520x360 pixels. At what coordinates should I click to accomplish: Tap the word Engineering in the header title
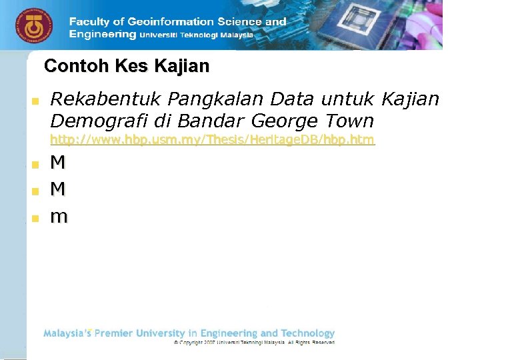102,34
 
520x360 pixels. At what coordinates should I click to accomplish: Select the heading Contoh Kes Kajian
126,67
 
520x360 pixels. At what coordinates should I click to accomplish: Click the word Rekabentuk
106,99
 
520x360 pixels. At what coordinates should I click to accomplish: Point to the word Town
350,121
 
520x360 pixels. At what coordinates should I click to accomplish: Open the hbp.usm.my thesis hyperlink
213,140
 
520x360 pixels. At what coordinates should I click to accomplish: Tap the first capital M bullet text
58,162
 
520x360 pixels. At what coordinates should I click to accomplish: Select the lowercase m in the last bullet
59,217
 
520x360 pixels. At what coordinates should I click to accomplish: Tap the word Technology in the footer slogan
307,333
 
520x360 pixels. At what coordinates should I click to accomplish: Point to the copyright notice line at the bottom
254,342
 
